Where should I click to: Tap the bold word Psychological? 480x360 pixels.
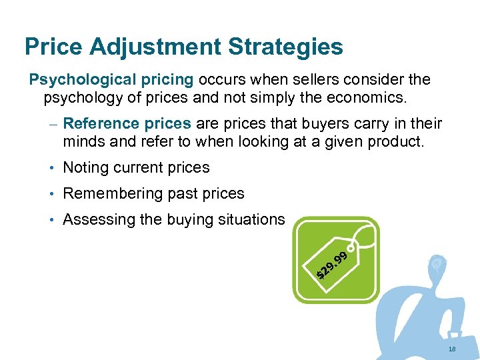(75, 81)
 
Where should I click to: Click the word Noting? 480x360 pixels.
(85, 168)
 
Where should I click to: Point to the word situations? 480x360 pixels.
(252, 220)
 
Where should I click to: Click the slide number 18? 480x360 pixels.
(452, 349)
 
